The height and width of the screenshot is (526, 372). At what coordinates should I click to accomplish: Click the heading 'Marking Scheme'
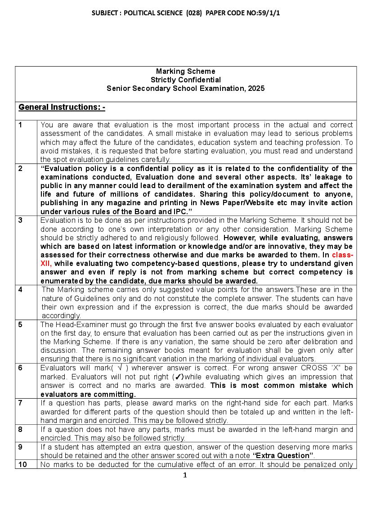[185, 71]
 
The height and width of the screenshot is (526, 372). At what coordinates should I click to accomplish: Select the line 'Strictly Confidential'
[185, 80]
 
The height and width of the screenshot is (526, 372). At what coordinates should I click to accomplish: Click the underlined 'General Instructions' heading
[62, 107]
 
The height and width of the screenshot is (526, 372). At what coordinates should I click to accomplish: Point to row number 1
[20, 125]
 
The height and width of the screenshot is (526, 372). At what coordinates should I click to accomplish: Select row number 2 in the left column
[20, 169]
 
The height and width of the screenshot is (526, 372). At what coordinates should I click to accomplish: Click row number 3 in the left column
[20, 220]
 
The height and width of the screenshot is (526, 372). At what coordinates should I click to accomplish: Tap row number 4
[20, 290]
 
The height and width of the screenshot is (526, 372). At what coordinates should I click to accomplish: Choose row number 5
[20, 324]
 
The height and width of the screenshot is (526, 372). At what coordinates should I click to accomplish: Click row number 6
[20, 368]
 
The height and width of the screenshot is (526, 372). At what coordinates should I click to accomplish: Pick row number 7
[20, 403]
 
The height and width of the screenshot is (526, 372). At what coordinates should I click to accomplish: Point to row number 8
[20, 429]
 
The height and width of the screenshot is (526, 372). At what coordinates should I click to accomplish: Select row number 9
[20, 447]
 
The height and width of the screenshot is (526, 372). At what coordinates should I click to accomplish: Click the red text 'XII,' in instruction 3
[46, 264]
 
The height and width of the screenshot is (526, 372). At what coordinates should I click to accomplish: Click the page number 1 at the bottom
[185, 475]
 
